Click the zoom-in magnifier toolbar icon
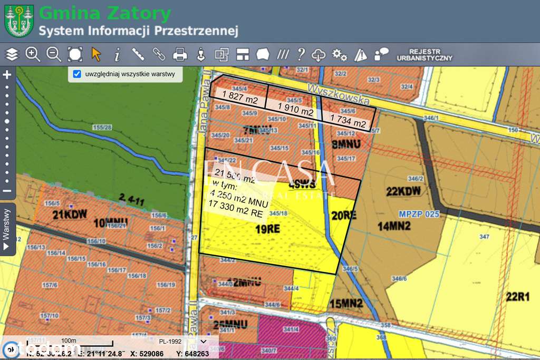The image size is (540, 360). (33, 54)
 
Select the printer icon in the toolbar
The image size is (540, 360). (180, 54)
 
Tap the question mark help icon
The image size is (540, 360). (301, 54)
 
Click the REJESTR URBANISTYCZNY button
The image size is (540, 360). (424, 54)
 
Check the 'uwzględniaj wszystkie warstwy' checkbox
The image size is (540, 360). (77, 74)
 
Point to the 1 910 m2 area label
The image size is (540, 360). (295, 112)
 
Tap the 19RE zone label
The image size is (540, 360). (268, 229)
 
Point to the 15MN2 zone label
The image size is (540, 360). (346, 304)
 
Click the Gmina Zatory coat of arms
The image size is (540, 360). (19, 21)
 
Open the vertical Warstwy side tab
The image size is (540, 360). (7, 230)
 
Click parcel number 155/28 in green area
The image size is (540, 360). (102, 128)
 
